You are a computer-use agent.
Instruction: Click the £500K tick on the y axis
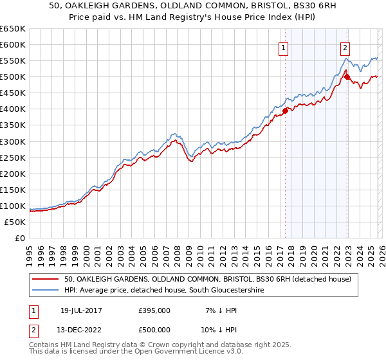[12, 76]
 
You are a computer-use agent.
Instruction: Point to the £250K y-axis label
[12, 157]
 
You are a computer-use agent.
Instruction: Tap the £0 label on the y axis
[19, 238]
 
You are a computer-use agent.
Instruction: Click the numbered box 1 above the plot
[284, 47]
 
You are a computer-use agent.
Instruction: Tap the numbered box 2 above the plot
[345, 47]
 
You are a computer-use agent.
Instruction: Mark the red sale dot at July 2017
[285, 110]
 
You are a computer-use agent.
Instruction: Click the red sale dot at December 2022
[347, 76]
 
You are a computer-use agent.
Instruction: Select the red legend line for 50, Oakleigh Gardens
[46, 279]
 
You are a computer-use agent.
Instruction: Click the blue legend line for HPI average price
[46, 291]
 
